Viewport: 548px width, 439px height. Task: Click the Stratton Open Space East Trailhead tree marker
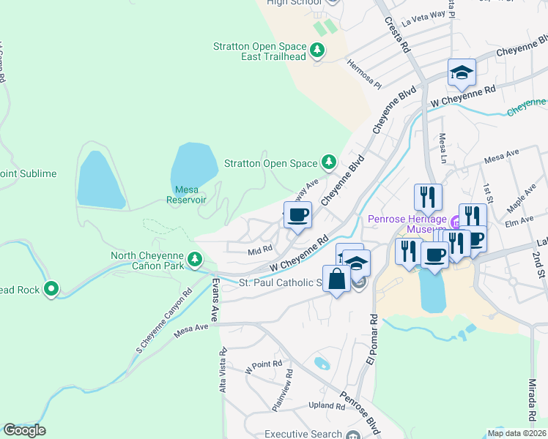coord(317,50)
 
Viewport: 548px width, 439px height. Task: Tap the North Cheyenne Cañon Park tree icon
coord(194,258)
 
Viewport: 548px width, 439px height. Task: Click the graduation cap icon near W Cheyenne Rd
coord(462,72)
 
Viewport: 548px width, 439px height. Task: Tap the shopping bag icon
coord(336,279)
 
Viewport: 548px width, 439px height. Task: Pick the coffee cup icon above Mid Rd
coord(297,215)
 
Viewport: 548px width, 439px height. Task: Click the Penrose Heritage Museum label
coord(406,225)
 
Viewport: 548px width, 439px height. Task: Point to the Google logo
coord(24,430)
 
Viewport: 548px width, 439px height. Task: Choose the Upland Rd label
coord(322,405)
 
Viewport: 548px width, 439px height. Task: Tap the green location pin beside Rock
coord(51,290)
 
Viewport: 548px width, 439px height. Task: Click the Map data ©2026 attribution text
coord(516,433)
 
